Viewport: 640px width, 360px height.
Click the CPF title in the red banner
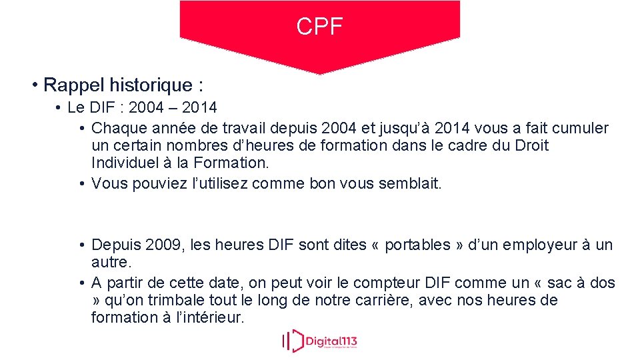319,27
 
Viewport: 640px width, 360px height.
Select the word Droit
531,145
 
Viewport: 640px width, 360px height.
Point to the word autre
110,262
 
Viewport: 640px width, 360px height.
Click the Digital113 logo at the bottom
319,341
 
